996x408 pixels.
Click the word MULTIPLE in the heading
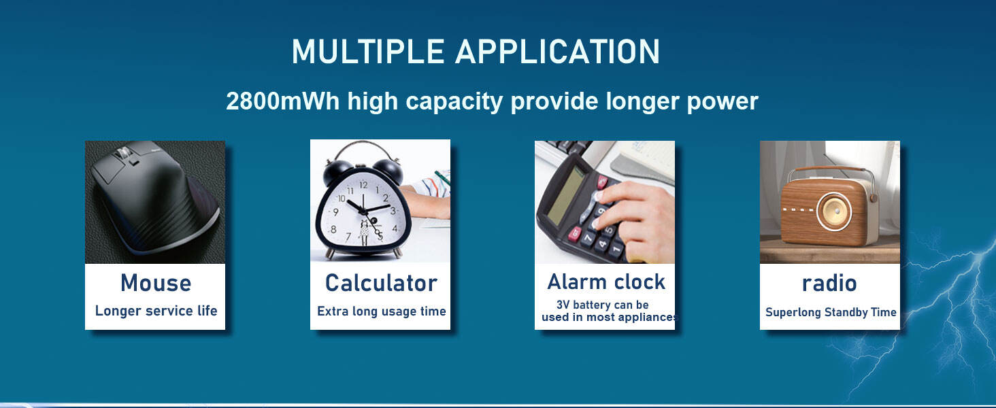point(368,52)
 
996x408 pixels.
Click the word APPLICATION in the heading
point(558,52)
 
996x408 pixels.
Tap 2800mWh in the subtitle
point(283,101)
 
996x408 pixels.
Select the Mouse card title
point(156,283)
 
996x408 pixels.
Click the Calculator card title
point(381,283)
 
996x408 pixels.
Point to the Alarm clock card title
point(606,282)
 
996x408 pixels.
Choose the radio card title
point(829,283)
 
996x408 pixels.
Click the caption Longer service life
point(156,311)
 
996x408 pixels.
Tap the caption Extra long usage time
point(382,311)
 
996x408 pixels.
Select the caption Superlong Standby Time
point(831,312)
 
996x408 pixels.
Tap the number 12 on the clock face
point(364,184)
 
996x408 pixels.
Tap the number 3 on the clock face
point(393,211)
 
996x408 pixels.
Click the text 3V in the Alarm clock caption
point(563,305)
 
